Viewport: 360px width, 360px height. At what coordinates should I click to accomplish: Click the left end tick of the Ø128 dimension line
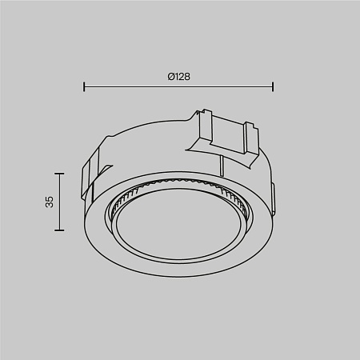(84, 86)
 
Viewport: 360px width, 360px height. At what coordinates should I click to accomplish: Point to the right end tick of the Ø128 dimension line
(274, 86)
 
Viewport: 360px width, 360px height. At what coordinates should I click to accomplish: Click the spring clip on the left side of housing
(90, 172)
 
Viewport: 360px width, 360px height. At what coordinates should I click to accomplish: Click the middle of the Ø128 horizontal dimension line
(178, 86)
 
